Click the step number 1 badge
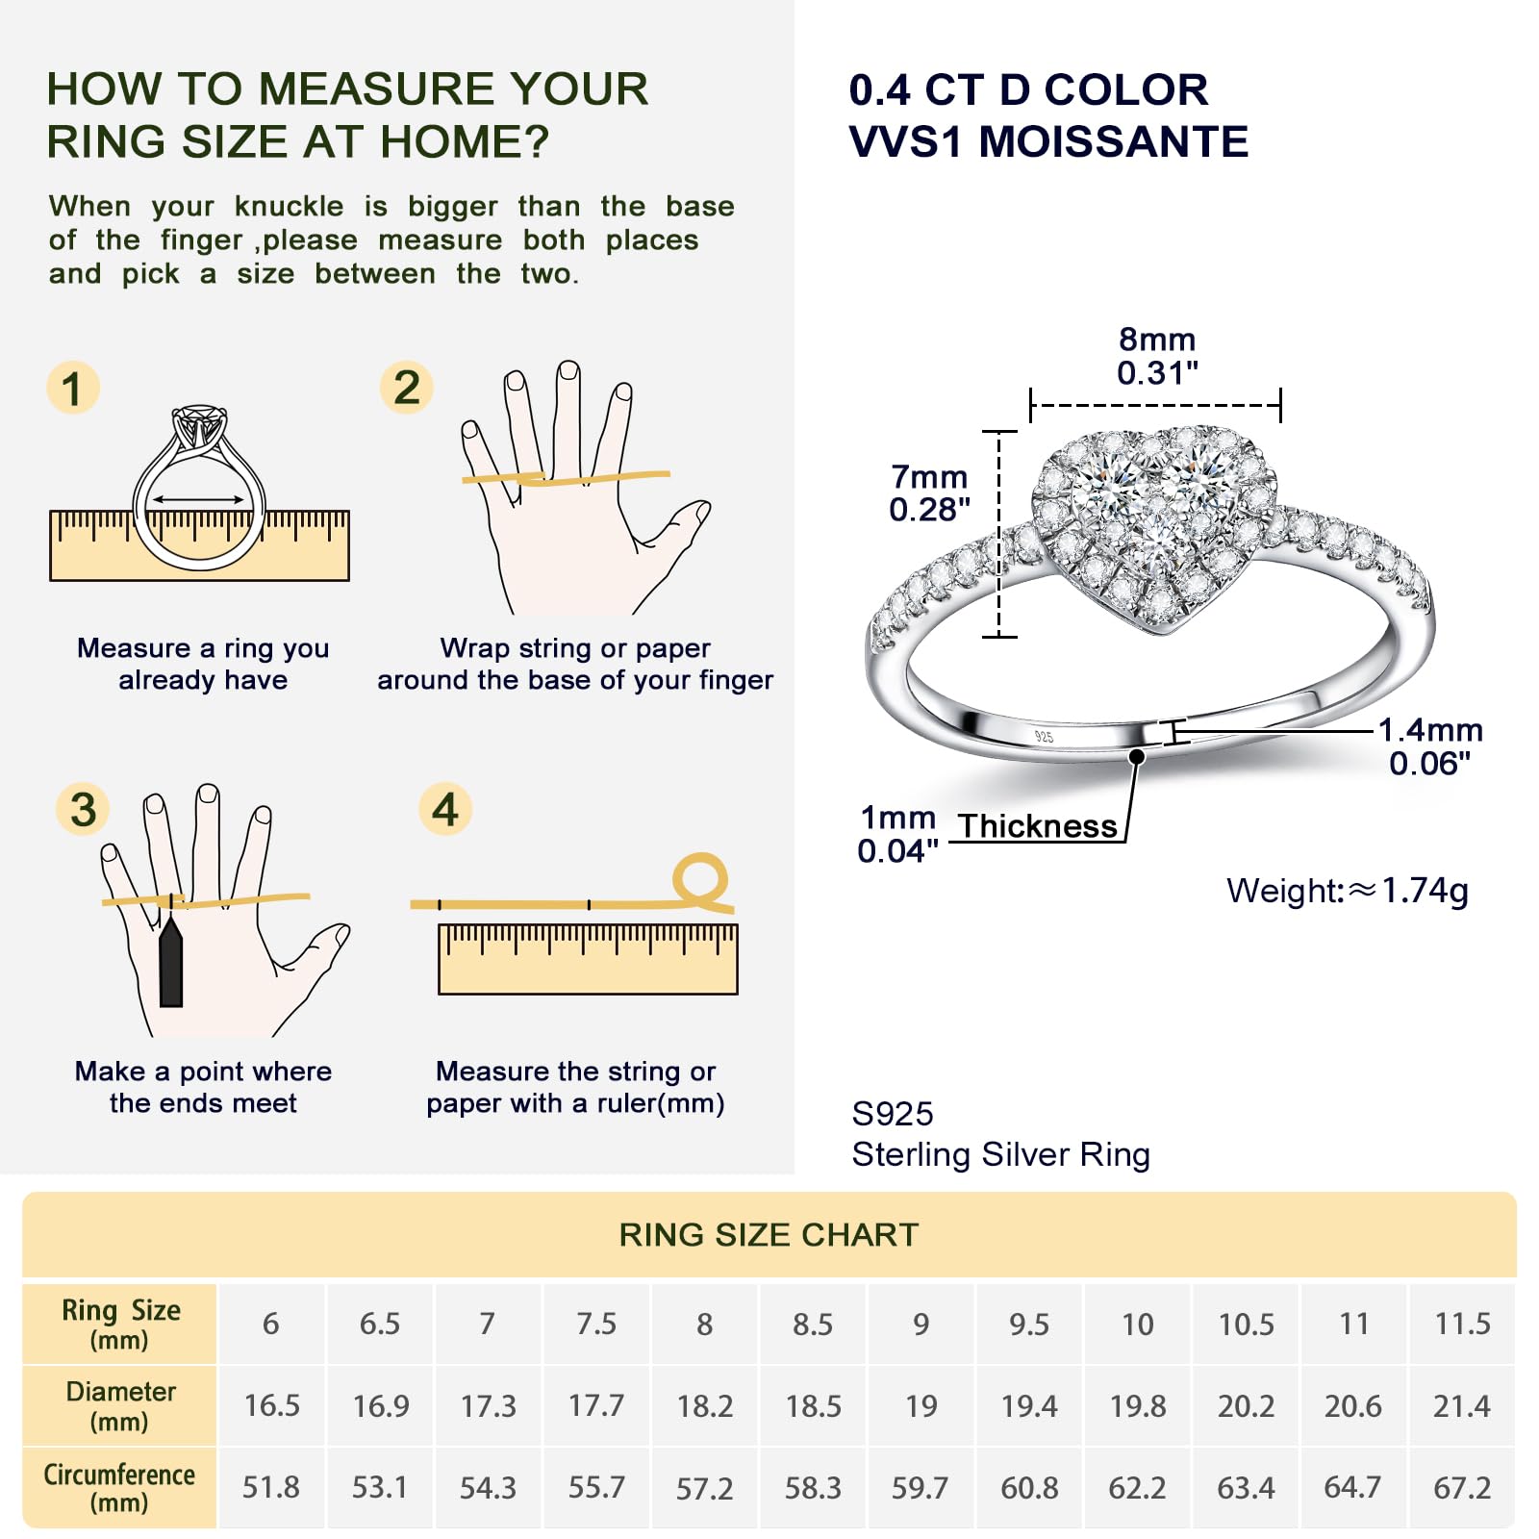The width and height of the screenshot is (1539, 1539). click(73, 388)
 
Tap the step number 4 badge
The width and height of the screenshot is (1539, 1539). click(444, 809)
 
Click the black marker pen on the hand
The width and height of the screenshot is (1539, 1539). click(171, 961)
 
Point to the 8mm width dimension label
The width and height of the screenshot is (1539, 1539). click(1157, 356)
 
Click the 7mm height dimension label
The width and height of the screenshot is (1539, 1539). click(929, 492)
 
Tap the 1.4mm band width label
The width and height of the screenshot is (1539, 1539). click(1430, 746)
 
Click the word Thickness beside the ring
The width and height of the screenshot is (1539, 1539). click(1037, 825)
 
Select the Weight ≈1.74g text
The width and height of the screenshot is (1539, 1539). click(1348, 891)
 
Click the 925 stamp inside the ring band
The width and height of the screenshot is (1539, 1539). click(1044, 737)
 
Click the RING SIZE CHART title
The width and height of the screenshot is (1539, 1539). click(769, 1234)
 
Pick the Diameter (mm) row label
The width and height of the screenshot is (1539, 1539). click(120, 1405)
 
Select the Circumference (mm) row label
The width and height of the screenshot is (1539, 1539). click(119, 1487)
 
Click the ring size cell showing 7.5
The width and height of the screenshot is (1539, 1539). click(596, 1324)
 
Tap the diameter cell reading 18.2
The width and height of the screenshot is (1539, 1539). click(705, 1406)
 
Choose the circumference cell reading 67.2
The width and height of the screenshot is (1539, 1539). click(1462, 1488)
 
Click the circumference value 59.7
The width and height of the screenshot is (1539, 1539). click(921, 1488)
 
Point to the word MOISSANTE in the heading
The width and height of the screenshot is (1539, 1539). click(1114, 141)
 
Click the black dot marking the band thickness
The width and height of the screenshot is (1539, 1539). click(1137, 757)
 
